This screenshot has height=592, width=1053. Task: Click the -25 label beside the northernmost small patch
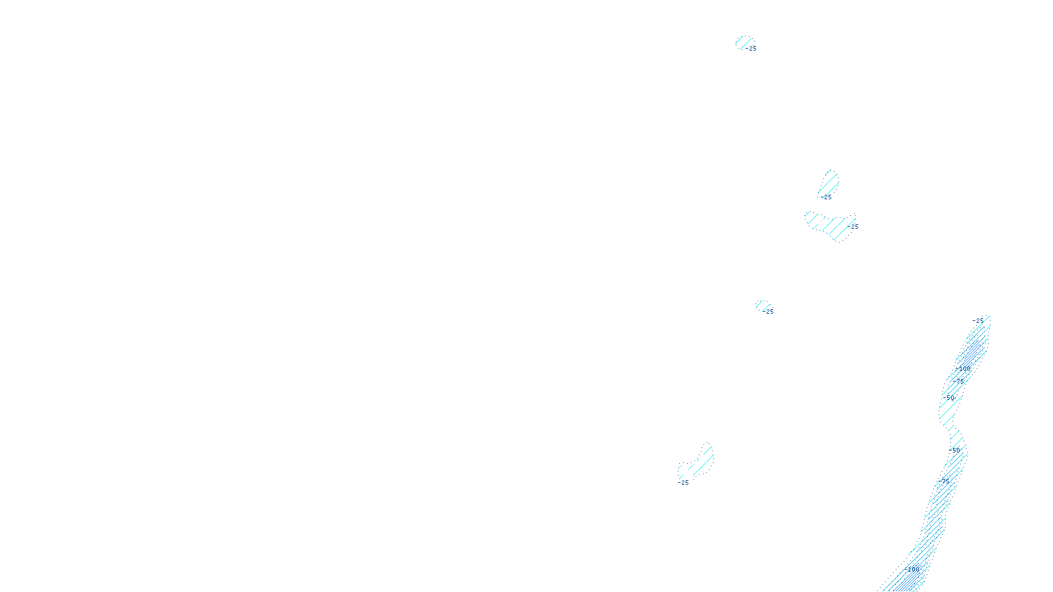click(x=752, y=49)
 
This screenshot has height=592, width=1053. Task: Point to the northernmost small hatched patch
click(x=743, y=42)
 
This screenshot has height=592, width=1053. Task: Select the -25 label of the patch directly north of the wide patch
click(x=827, y=197)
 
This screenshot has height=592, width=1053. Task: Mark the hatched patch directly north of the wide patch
click(x=830, y=183)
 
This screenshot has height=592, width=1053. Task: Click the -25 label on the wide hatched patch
click(x=854, y=227)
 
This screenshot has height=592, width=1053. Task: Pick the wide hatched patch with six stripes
click(x=831, y=225)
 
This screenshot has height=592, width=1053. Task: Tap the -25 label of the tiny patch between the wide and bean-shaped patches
click(x=769, y=312)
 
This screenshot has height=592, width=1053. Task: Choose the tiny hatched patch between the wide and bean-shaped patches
click(x=762, y=305)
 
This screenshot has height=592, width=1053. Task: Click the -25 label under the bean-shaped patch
click(x=684, y=483)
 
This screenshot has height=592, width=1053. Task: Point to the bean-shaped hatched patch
click(x=696, y=463)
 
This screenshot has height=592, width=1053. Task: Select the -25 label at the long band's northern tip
click(x=979, y=321)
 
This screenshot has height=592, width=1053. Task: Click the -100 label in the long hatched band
click(x=964, y=369)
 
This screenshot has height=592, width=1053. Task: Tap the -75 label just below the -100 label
click(x=959, y=381)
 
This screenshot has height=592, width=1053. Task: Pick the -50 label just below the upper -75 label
click(x=949, y=398)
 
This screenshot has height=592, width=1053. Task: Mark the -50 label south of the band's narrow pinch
click(x=955, y=451)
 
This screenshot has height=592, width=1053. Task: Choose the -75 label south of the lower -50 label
click(x=946, y=481)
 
